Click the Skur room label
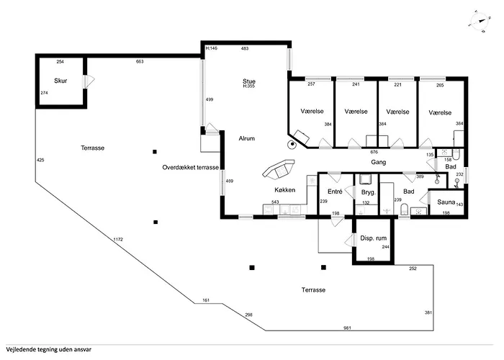[x=60, y=81]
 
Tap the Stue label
[x=249, y=81]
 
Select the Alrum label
[x=246, y=138]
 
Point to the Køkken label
[x=285, y=190]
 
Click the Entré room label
[x=335, y=192]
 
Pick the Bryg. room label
[x=369, y=192]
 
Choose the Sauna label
[x=446, y=202]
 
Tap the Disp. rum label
[x=373, y=238]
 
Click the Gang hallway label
[x=378, y=162]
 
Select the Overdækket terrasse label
[x=190, y=168]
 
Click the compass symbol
[x=480, y=21]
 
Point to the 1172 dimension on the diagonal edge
[x=118, y=240]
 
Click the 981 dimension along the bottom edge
[x=347, y=328]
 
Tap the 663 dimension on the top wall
[x=140, y=61]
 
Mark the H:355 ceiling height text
[x=248, y=86]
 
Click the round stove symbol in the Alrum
[x=292, y=144]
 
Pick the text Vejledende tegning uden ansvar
[x=48, y=349]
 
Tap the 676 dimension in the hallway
[x=374, y=152]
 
